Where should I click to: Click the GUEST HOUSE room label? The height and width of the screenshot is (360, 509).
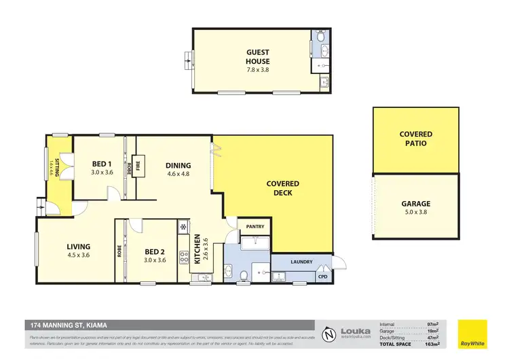point(257,56)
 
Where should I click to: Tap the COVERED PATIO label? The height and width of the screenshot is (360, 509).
point(415,139)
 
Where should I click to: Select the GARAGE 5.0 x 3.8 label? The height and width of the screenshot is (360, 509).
point(415,207)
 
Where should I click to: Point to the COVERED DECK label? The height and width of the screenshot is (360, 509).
point(282,188)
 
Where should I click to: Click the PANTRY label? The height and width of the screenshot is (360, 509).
point(255,227)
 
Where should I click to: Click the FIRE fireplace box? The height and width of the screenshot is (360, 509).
point(138,165)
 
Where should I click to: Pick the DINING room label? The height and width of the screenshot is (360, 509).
point(178,168)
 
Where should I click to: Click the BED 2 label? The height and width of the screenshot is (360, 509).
point(154,255)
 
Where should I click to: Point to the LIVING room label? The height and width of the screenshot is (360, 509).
point(79,251)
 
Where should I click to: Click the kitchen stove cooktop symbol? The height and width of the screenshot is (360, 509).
point(183,258)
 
